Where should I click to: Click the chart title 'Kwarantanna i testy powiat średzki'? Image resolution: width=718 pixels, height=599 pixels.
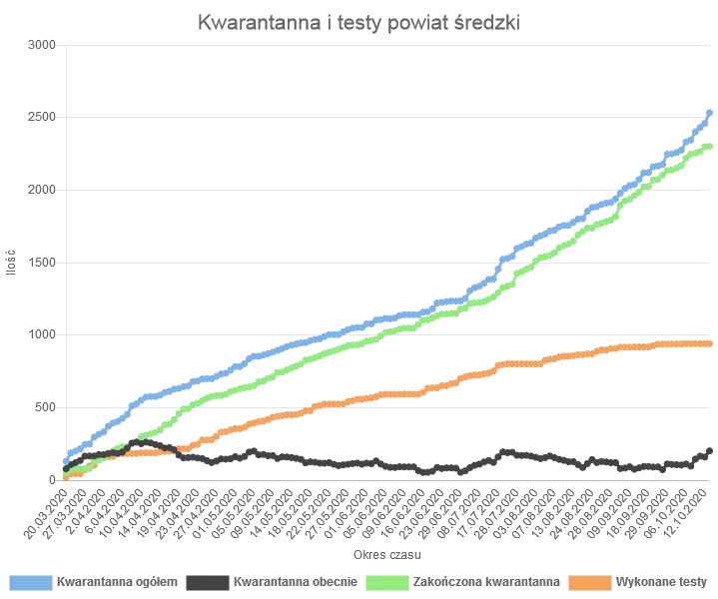(359, 21)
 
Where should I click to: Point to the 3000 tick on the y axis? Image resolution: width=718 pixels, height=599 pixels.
(43, 46)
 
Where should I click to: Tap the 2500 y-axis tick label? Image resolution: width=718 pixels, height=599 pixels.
(43, 118)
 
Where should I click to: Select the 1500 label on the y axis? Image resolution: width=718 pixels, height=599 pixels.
(43, 263)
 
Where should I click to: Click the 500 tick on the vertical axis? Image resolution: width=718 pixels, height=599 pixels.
(46, 407)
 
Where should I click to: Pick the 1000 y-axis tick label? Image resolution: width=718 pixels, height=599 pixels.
(43, 334)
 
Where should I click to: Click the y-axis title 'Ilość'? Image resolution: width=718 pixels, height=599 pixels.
(11, 263)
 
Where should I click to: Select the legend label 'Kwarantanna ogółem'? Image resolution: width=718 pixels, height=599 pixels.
(118, 581)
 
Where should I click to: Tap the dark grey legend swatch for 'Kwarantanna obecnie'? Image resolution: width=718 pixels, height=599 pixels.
(205, 581)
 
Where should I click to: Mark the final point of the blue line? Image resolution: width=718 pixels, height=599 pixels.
(709, 113)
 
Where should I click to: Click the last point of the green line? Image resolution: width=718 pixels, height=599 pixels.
(709, 147)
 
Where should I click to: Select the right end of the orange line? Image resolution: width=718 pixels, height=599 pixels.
(709, 343)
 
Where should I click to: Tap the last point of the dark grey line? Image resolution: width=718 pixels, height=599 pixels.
(709, 450)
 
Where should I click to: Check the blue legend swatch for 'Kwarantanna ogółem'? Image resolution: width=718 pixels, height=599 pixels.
(31, 581)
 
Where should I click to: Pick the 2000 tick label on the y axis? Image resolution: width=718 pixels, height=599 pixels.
(43, 190)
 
